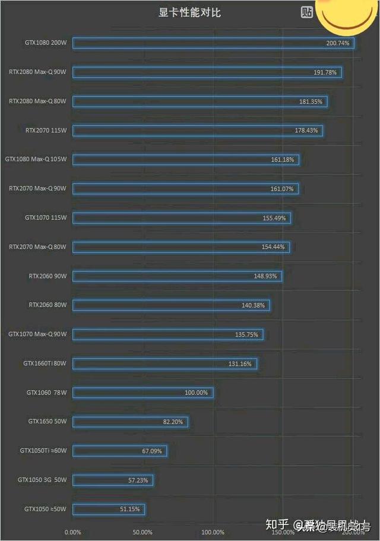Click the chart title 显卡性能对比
pyautogui.click(x=189, y=12)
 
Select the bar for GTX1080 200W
pyautogui.click(x=213, y=43)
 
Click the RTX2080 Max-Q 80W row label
pyautogui.click(x=37, y=101)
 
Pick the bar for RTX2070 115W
pyautogui.click(x=198, y=130)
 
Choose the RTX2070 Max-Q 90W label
pyautogui.click(x=37, y=188)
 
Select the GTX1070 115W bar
pyautogui.click(x=181, y=217)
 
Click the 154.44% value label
pyautogui.click(x=273, y=247)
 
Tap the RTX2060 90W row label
pyautogui.click(x=47, y=276)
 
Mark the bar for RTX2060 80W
pyautogui.click(x=171, y=305)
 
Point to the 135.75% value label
pyautogui.click(x=246, y=334)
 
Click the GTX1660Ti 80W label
pyautogui.click(x=45, y=363)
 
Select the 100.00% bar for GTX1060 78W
pyautogui.click(x=142, y=392)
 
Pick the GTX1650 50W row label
pyautogui.click(x=47, y=421)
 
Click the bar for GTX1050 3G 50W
pyautogui.click(x=113, y=480)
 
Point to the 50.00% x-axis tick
pyautogui.click(x=142, y=532)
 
